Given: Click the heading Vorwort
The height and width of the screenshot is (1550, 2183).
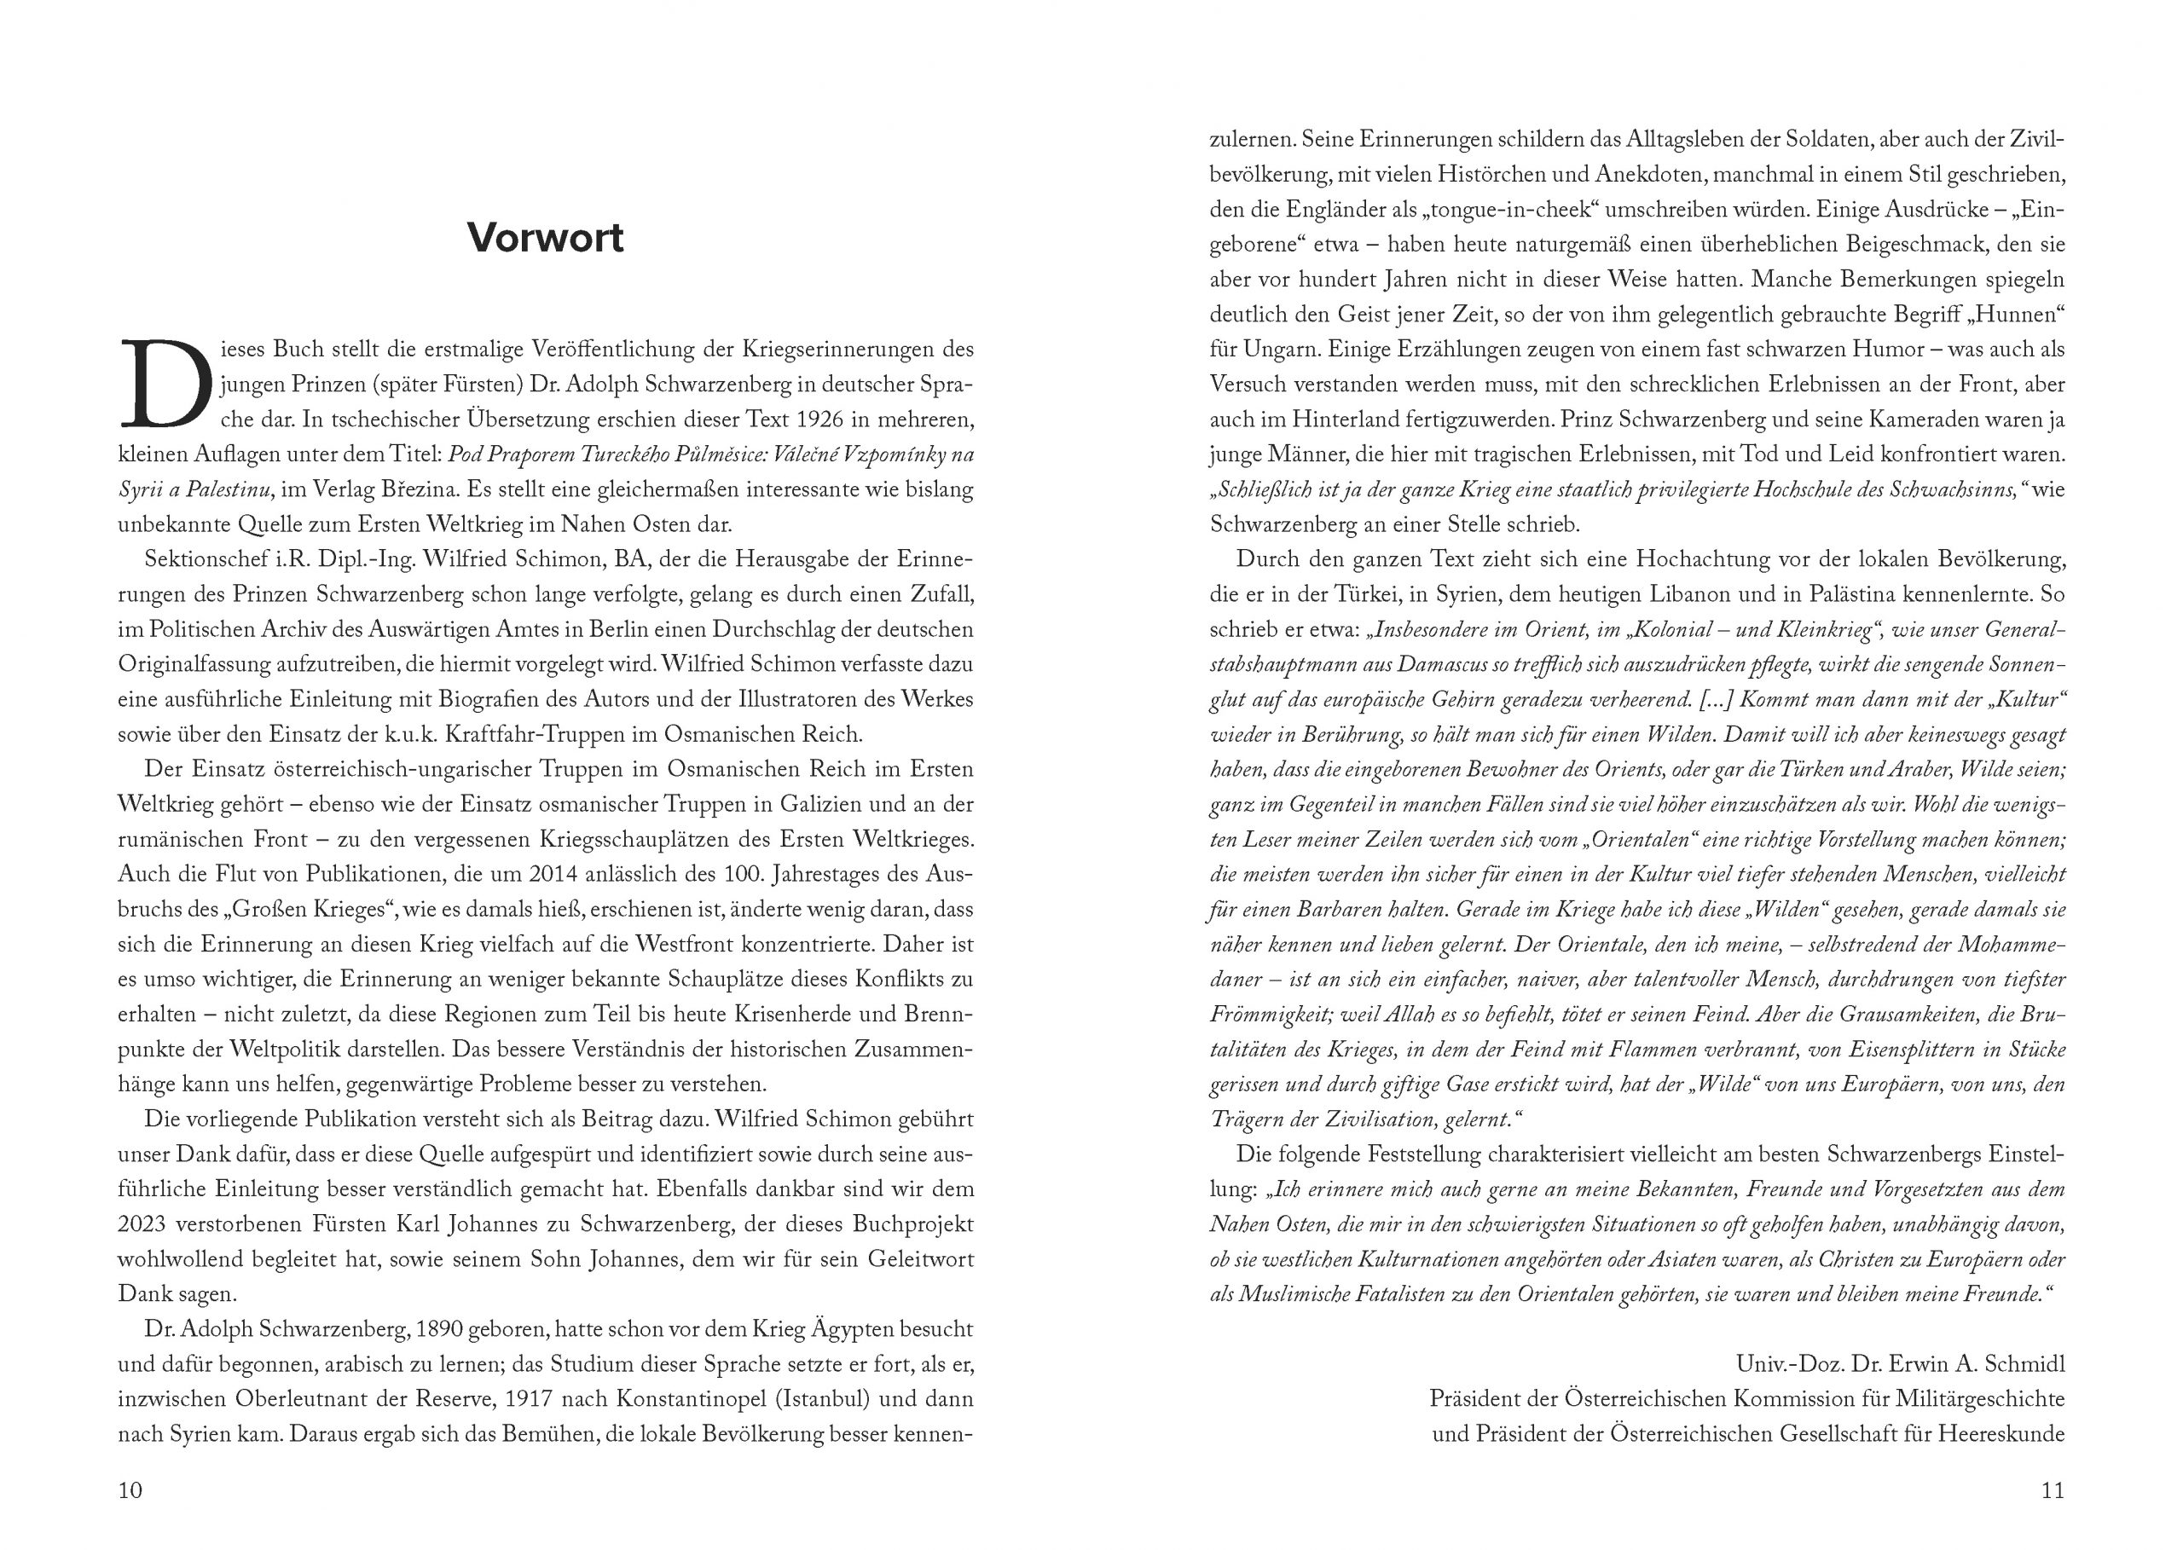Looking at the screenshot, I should [x=545, y=238].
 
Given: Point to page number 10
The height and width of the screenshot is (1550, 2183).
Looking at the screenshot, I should [x=130, y=1489].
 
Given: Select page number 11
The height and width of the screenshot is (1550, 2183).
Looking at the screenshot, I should [x=2053, y=1489].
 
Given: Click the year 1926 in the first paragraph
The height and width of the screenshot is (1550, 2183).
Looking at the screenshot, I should [x=822, y=419].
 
